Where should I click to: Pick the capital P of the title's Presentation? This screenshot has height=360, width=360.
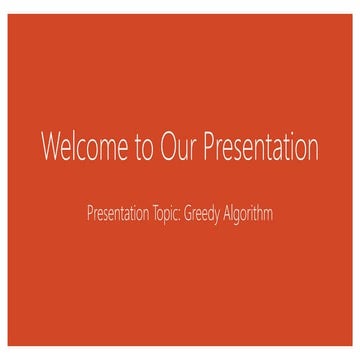tap(210, 146)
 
